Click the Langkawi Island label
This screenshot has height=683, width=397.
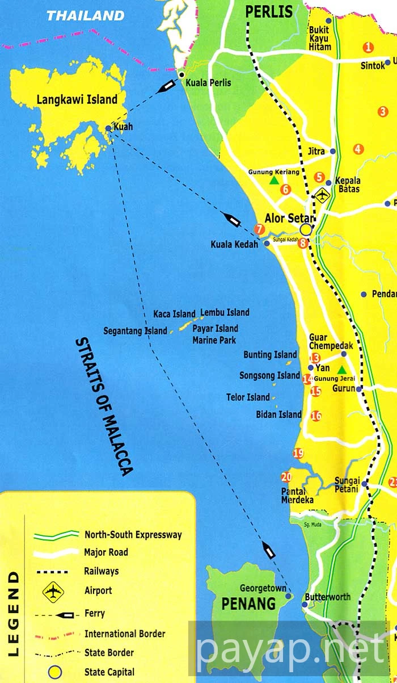point(77,100)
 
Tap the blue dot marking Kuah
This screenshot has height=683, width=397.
point(108,128)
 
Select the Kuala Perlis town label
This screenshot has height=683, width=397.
point(209,83)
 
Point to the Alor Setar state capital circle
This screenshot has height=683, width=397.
point(306,229)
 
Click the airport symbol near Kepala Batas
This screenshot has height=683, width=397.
point(323,195)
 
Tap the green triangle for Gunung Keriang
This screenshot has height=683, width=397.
point(274,181)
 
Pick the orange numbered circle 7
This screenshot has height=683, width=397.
point(260,229)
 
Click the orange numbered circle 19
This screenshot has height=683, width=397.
point(298,453)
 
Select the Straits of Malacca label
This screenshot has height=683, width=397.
point(104,406)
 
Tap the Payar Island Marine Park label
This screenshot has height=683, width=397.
point(215,334)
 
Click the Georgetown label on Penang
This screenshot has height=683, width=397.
point(263,588)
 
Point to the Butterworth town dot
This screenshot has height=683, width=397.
point(305,605)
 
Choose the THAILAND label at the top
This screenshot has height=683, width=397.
point(85,15)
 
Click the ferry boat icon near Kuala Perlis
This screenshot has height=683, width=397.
point(168,86)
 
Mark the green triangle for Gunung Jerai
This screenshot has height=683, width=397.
point(342,370)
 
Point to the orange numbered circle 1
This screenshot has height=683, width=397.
point(369,48)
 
